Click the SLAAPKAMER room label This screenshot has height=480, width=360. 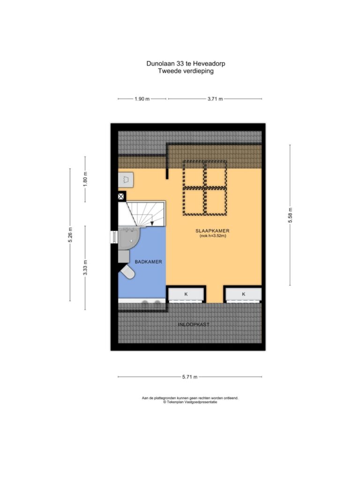point(212,231)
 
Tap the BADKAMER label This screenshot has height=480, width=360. point(149,262)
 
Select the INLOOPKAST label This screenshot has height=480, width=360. point(194,324)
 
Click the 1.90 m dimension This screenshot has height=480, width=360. point(142,99)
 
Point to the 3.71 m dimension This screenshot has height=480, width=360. point(215,99)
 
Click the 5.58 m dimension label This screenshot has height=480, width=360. point(290,215)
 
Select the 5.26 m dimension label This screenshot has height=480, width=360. point(70,235)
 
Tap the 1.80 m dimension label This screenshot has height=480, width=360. point(85,179)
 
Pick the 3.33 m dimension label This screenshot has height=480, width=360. point(85,268)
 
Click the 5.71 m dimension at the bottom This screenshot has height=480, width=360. point(190,377)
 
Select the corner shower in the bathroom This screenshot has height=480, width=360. point(129,238)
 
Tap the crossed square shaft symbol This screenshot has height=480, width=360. point(121,196)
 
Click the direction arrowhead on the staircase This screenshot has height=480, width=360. point(152,224)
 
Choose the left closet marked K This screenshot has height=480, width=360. point(186,294)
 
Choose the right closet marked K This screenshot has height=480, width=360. point(244,294)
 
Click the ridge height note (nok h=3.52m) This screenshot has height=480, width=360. point(213,236)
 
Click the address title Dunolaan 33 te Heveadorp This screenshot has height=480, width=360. point(186,64)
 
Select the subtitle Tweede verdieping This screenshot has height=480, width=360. point(186,71)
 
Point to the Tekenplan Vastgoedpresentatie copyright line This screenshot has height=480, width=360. point(190,402)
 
